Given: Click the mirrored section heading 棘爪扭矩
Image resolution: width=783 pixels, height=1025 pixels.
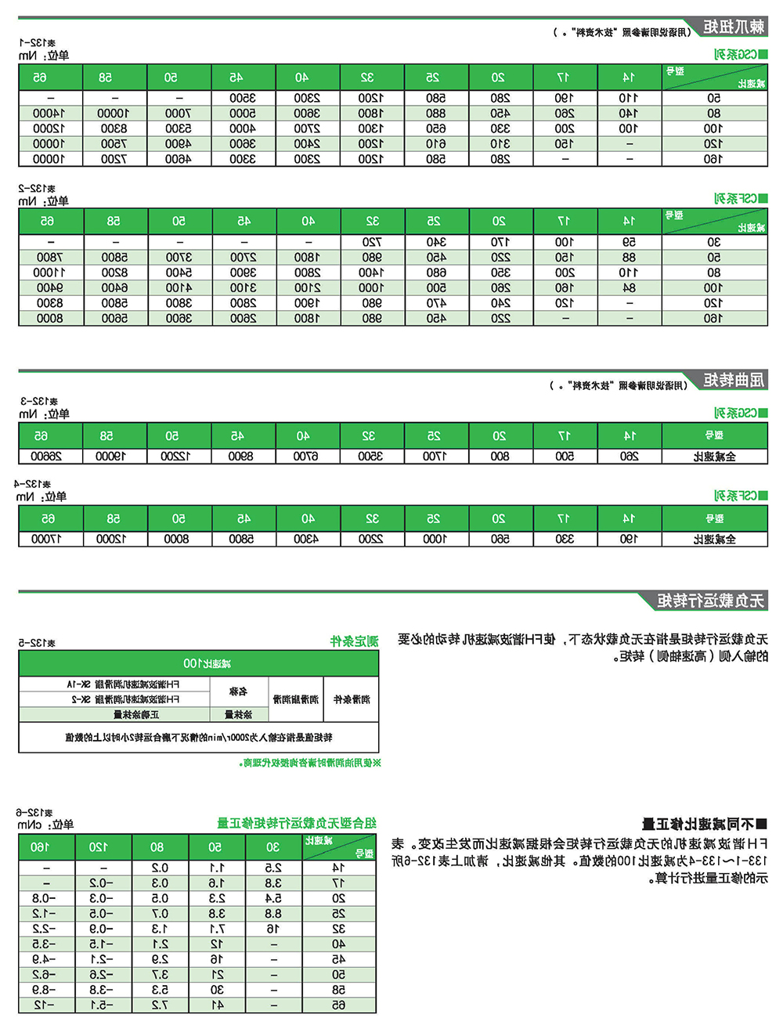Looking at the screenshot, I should [x=733, y=27].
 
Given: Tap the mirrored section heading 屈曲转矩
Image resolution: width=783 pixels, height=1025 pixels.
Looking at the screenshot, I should [x=733, y=381].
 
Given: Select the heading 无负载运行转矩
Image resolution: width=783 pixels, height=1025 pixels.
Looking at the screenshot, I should [x=710, y=601].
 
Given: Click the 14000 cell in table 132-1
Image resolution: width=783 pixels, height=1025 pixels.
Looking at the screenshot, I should [x=50, y=114].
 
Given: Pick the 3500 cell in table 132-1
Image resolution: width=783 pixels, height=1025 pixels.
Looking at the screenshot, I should [x=242, y=99].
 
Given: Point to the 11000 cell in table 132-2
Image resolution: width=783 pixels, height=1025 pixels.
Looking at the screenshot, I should [x=50, y=272].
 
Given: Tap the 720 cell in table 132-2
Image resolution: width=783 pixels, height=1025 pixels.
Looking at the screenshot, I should [x=371, y=243].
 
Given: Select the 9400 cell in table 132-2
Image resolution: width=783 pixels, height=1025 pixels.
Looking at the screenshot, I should [x=50, y=288].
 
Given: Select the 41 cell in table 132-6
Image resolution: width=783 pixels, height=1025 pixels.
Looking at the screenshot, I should [x=217, y=1005].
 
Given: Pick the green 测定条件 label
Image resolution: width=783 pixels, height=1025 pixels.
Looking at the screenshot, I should [x=354, y=641].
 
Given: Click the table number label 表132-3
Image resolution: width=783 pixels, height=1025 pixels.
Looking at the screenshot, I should [x=39, y=402].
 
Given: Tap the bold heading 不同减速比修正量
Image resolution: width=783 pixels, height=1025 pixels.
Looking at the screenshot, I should [x=704, y=824].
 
